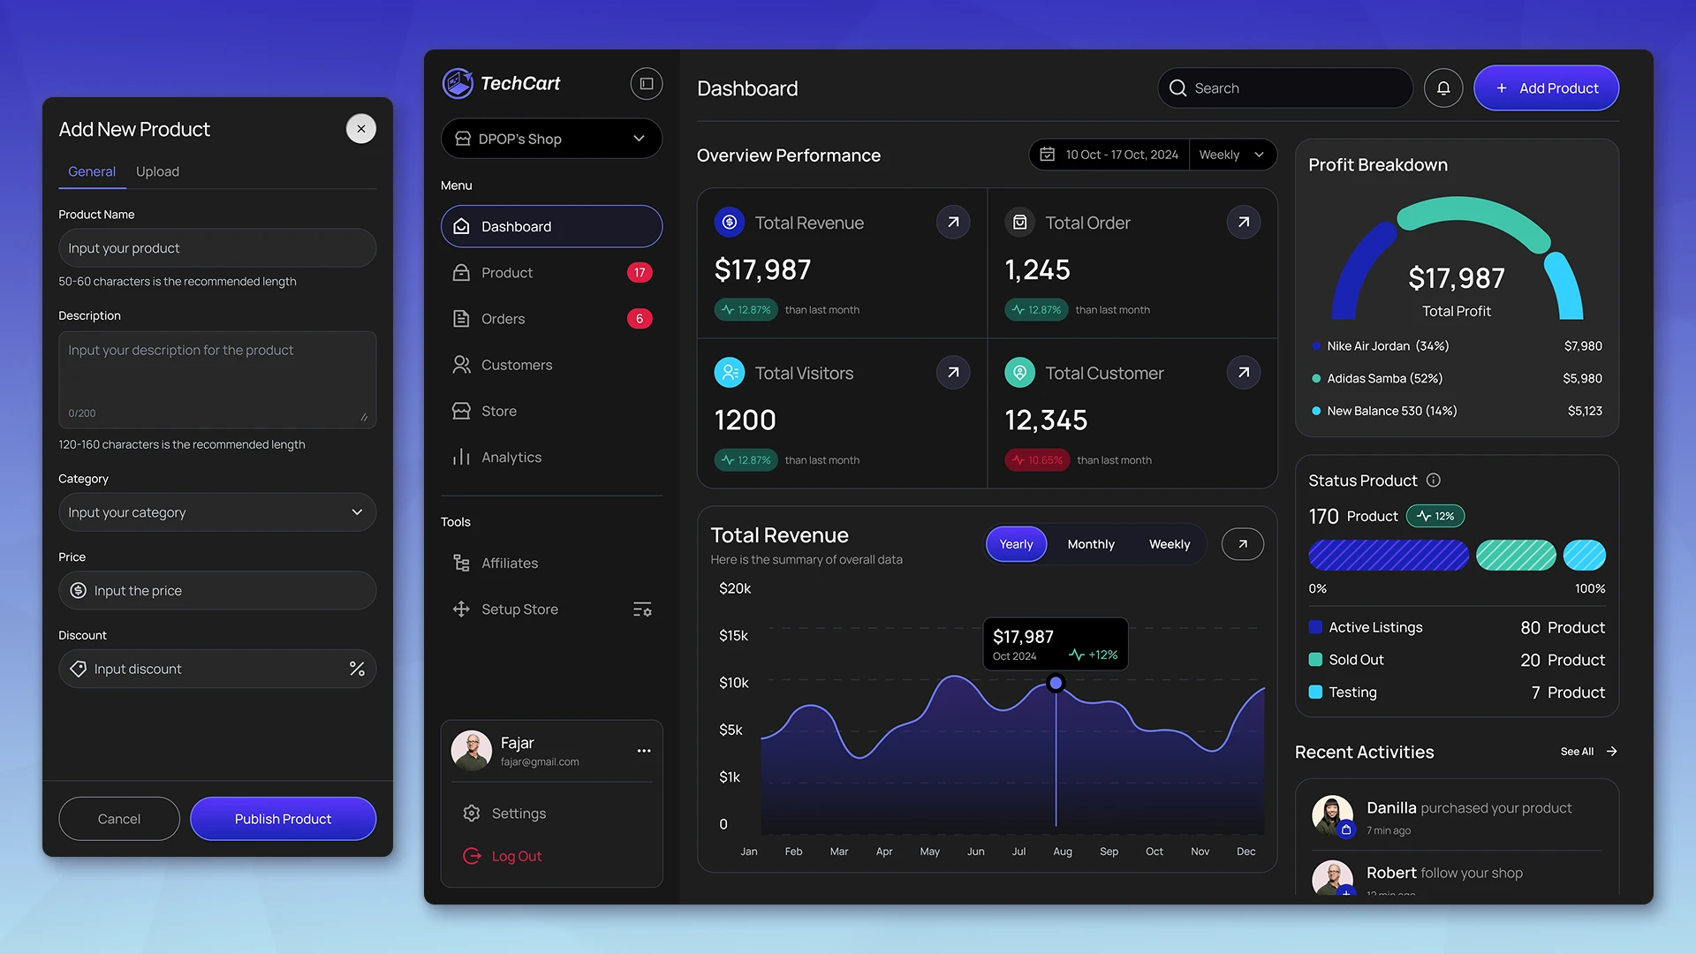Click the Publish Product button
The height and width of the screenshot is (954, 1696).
coord(283,819)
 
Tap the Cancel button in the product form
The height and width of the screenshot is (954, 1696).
coord(119,819)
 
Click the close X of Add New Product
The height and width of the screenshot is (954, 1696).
coord(360,129)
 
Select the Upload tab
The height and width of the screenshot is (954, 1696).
coord(157,171)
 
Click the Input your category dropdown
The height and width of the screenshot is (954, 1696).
coord(217,512)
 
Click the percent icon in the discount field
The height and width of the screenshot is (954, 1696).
coord(357,669)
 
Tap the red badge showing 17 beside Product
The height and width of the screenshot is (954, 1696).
coord(640,273)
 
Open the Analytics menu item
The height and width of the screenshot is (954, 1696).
coord(511,458)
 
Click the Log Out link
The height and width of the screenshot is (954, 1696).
coord(516,856)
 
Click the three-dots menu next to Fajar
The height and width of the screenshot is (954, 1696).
coord(644,751)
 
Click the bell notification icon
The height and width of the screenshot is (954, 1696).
coord(1443,88)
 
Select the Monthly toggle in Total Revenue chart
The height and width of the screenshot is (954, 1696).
coord(1091,544)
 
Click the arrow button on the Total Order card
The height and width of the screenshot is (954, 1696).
coord(1244,223)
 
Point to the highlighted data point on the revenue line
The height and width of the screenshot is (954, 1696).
coord(1056,683)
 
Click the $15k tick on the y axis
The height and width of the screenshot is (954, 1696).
coord(733,636)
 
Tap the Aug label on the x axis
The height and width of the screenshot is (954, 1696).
coord(1063,852)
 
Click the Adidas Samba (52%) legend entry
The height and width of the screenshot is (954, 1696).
coord(1384,379)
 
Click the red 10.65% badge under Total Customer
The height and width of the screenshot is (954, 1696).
coord(1037,460)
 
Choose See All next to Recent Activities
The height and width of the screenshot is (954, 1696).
coord(1577,752)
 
